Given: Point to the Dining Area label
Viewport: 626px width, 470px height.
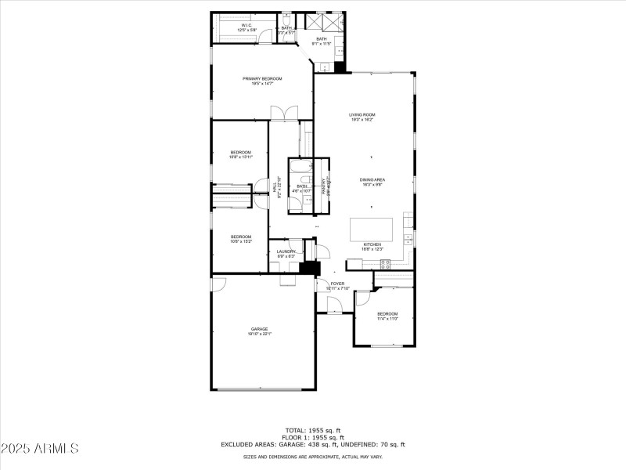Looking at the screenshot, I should (372, 182).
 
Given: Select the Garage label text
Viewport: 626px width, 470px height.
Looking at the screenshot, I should (259, 331).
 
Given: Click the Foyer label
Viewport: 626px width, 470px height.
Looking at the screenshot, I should (337, 286).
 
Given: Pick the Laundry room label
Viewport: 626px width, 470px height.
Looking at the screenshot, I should (286, 253).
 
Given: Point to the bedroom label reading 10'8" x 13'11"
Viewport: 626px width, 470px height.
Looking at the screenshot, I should (240, 154).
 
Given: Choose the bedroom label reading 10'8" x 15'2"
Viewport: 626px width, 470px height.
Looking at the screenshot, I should (240, 239).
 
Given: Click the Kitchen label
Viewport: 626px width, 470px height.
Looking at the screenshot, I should (372, 246).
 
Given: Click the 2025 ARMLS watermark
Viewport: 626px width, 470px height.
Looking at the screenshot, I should (40, 449).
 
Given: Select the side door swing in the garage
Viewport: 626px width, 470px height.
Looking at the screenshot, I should (219, 284).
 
